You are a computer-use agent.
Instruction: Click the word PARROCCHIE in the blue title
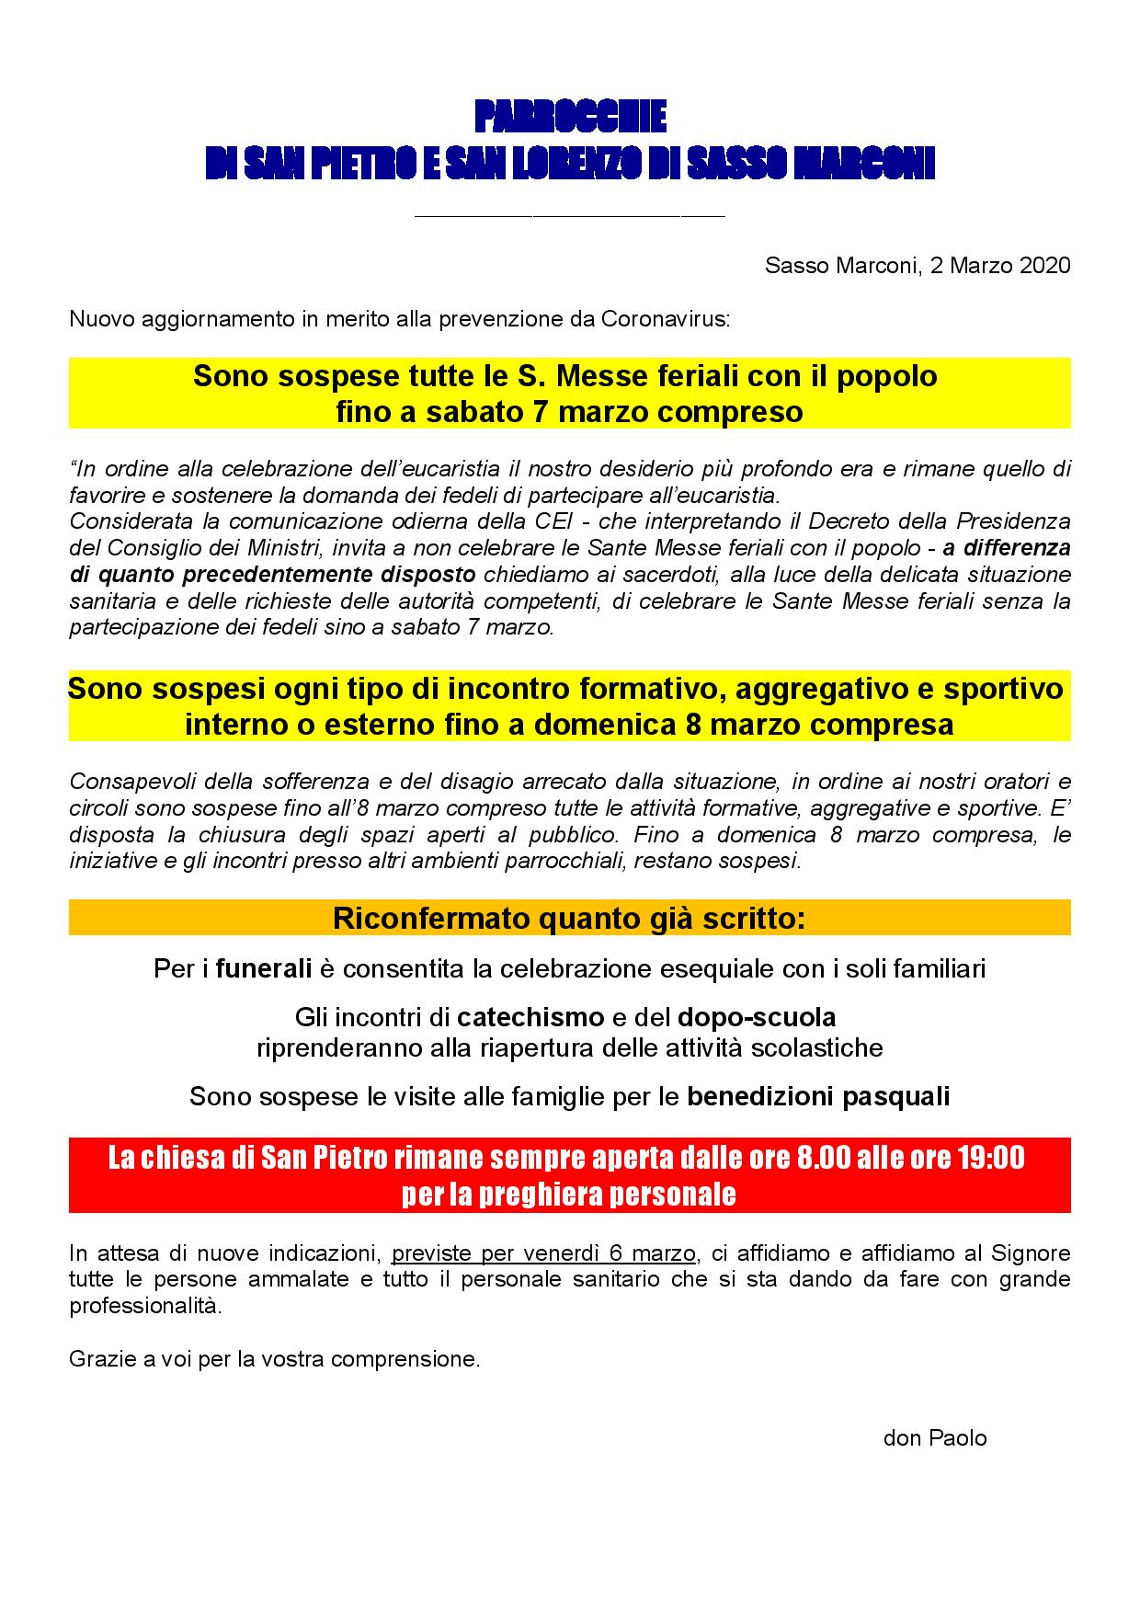click(570, 119)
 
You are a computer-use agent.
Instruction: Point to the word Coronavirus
click(665, 320)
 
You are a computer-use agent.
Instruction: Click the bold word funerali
click(264, 969)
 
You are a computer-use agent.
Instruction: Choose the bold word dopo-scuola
click(757, 1018)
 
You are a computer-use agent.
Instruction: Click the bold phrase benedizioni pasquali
click(818, 1097)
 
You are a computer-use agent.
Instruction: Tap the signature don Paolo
click(934, 1438)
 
